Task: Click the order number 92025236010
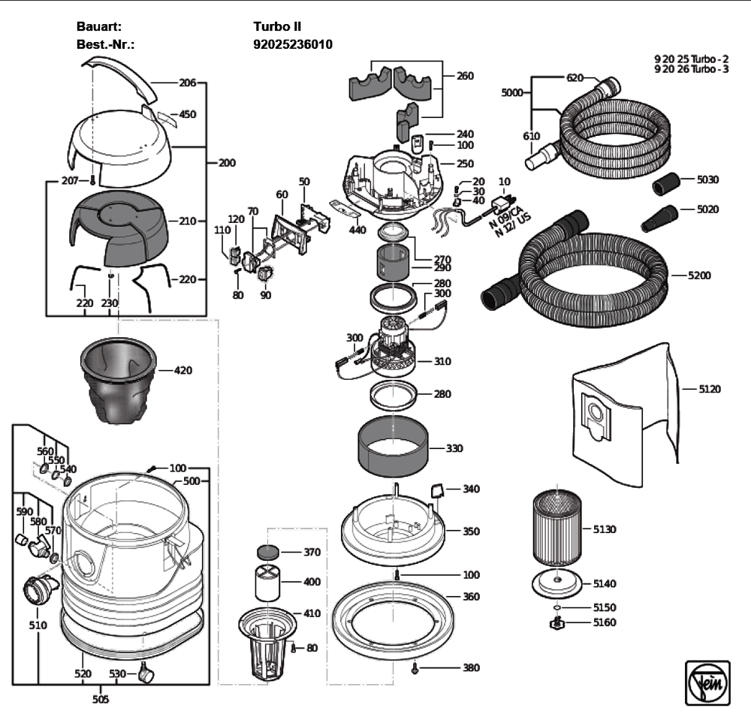tap(293, 45)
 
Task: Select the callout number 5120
tap(710, 389)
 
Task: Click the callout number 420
tap(182, 370)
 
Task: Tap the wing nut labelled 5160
tap(558, 622)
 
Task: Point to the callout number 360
tap(471, 597)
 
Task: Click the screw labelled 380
tap(415, 667)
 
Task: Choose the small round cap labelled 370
tap(267, 552)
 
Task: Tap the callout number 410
tap(312, 613)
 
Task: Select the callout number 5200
tap(699, 276)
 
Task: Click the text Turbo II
tap(278, 26)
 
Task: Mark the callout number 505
tap(100, 700)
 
